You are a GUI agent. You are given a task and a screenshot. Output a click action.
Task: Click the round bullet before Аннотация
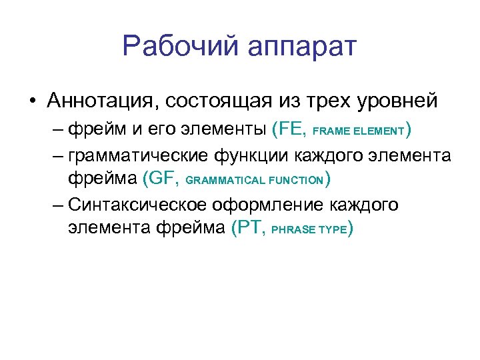[x=32, y=101]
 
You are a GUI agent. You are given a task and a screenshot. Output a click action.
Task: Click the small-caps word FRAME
[x=329, y=131]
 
